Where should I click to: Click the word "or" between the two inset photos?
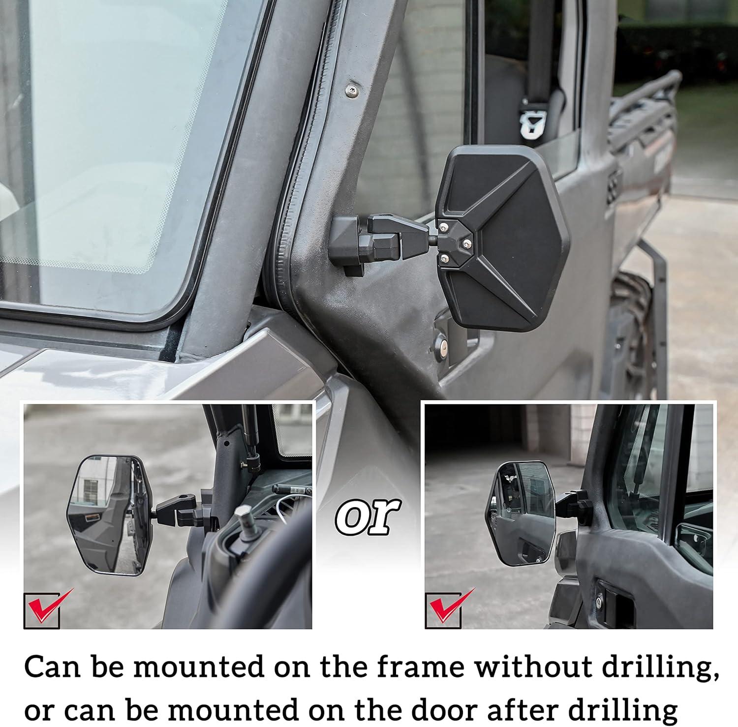pyautogui.click(x=367, y=516)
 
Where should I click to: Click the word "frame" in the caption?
pyautogui.click(x=420, y=667)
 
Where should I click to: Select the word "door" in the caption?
pyautogui.click(x=444, y=708)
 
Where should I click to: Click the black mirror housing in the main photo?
pyautogui.click(x=502, y=236)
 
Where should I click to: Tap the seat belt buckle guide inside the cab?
pyautogui.click(x=533, y=121)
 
